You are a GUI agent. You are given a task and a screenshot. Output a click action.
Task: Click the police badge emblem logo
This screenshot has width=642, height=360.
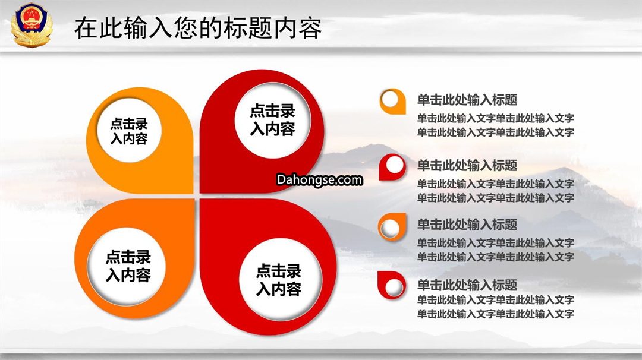32,24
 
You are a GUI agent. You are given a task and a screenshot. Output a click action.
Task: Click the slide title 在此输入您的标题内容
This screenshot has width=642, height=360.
198,29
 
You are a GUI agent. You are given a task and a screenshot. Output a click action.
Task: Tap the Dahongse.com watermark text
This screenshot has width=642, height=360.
319,179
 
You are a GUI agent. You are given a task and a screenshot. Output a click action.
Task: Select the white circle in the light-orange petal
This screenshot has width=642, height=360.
129,131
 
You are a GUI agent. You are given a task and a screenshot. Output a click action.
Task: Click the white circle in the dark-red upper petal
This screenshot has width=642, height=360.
273,120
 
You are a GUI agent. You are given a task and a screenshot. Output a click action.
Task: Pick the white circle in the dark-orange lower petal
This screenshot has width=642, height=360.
128,266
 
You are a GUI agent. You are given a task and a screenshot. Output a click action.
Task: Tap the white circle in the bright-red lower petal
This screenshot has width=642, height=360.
279,280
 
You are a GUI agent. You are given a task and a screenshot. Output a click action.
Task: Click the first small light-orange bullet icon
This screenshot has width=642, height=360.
392,102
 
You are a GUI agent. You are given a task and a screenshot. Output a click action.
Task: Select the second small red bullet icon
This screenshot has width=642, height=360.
392,167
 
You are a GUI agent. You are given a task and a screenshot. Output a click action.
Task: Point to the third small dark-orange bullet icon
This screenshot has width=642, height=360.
392,227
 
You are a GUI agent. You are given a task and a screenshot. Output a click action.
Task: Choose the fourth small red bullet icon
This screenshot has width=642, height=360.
392,285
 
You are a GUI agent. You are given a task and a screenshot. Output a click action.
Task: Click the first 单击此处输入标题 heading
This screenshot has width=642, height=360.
467,100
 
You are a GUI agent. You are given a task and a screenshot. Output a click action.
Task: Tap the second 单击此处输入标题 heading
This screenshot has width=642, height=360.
467,165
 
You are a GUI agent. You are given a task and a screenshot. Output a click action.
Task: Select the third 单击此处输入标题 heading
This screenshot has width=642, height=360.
467,225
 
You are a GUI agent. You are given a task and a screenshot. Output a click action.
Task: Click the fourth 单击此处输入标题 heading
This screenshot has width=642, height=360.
467,285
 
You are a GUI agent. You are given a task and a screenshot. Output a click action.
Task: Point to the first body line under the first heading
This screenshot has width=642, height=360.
495,118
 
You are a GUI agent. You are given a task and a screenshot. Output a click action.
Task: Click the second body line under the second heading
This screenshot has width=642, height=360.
495,198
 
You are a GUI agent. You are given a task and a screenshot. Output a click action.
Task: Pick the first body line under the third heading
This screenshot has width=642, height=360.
495,242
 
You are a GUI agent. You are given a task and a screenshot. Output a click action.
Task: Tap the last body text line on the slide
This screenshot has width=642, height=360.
495,314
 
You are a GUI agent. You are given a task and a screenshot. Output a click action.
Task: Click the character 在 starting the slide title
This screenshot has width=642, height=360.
86,29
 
